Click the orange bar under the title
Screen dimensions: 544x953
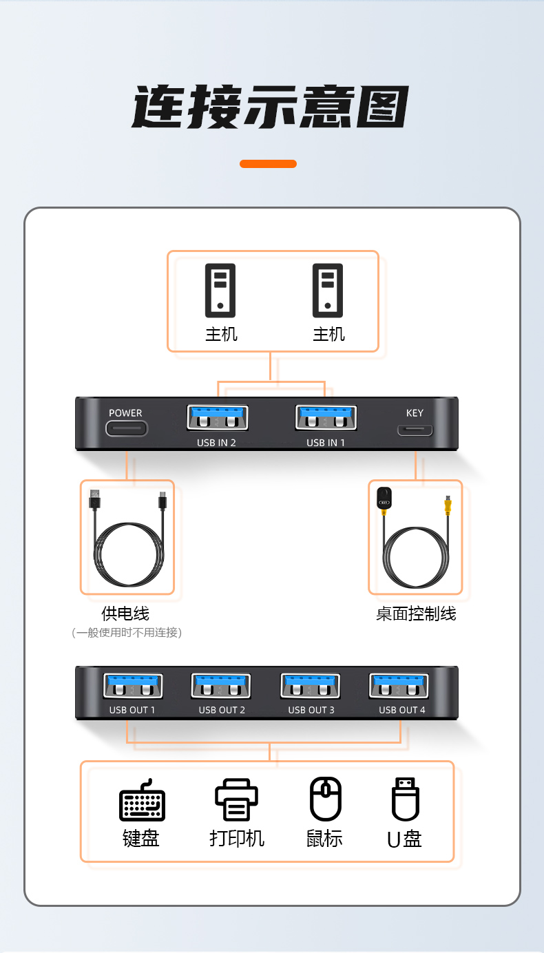click(x=268, y=164)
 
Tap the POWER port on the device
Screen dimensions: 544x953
click(x=127, y=428)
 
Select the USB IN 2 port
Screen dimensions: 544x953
click(x=218, y=417)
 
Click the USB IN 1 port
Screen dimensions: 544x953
click(x=326, y=417)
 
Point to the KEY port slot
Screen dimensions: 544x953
click(x=415, y=430)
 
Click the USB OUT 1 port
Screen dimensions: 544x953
click(x=133, y=686)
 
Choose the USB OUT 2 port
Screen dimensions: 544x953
click(x=221, y=686)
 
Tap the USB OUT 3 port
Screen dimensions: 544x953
click(x=310, y=686)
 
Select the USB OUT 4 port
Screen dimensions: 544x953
click(x=399, y=686)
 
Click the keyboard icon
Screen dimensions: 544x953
click(x=142, y=800)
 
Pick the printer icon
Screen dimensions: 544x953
click(x=236, y=799)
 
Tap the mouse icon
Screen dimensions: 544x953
click(x=326, y=799)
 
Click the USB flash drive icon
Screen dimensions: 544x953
click(x=406, y=799)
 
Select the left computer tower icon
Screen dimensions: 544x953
click(x=220, y=291)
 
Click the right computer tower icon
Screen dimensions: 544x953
click(x=328, y=291)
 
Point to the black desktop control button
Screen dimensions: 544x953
click(x=384, y=498)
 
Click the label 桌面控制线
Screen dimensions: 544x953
click(x=415, y=614)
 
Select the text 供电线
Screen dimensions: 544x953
click(x=125, y=614)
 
